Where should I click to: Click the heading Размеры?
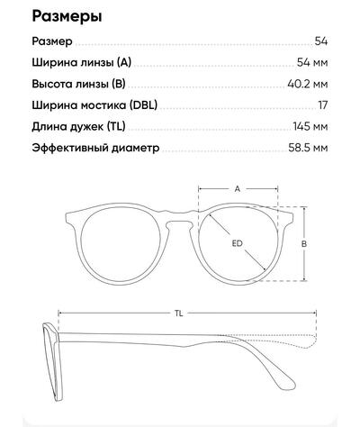67,16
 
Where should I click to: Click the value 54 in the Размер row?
321,41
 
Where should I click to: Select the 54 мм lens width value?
312,62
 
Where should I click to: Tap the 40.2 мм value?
308,84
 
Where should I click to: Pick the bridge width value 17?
323,105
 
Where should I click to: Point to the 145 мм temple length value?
310,126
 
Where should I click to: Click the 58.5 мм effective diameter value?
308,148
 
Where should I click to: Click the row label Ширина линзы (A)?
82,63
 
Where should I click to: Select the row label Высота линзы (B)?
78,84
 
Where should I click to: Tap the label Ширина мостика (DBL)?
94,105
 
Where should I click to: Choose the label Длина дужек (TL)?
78,127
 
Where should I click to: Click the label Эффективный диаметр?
95,148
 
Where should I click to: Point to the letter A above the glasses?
238,189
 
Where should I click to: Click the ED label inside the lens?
237,243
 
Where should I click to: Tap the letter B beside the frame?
304,244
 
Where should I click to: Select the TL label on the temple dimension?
179,313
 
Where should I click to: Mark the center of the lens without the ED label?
121,244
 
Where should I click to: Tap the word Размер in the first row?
52,41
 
